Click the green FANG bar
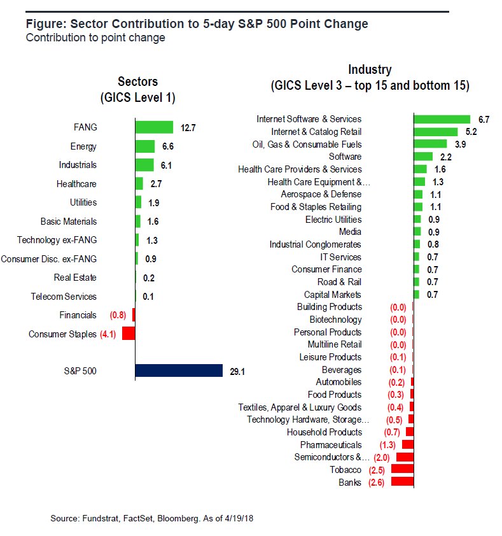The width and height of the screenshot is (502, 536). (154, 127)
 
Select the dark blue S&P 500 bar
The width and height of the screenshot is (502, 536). (179, 371)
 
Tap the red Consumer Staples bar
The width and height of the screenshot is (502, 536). (128, 334)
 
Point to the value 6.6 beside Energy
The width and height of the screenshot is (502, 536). (169, 146)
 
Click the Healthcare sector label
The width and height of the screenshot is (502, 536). (76, 184)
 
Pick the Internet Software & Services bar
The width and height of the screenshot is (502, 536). (442, 119)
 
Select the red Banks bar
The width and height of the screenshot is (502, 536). (402, 483)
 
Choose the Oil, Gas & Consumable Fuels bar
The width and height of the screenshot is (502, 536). (430, 144)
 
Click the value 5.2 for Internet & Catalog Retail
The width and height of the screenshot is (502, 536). (471, 132)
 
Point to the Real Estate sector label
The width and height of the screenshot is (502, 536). (75, 278)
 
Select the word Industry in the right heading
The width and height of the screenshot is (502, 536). (370, 69)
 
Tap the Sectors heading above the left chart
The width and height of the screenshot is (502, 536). (137, 81)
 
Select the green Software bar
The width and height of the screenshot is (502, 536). (423, 157)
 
